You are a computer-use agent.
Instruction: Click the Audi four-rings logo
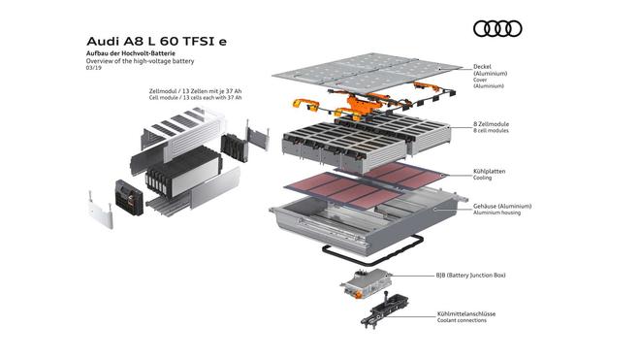[497, 29]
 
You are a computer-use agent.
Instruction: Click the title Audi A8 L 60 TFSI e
[156, 42]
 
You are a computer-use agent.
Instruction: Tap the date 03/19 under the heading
[93, 68]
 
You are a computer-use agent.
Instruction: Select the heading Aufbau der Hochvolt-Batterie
[131, 53]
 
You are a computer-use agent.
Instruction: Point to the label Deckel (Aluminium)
[491, 70]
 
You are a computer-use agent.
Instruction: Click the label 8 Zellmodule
[491, 124]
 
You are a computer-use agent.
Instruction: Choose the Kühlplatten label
[489, 171]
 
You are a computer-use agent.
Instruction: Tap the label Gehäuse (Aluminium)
[502, 207]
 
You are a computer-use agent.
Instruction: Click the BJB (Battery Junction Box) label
[470, 275]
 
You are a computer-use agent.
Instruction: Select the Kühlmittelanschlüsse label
[466, 313]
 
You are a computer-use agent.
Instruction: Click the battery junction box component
[367, 283]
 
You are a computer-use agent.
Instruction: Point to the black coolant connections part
[382, 310]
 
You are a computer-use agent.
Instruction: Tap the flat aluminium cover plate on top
[367, 72]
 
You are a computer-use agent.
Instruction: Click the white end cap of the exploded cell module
[100, 210]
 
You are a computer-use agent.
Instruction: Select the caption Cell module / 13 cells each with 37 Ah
[195, 98]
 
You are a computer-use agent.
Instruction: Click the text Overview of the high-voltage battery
[140, 61]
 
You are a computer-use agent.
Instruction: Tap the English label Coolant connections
[462, 320]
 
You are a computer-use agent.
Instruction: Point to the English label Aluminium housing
[496, 213]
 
